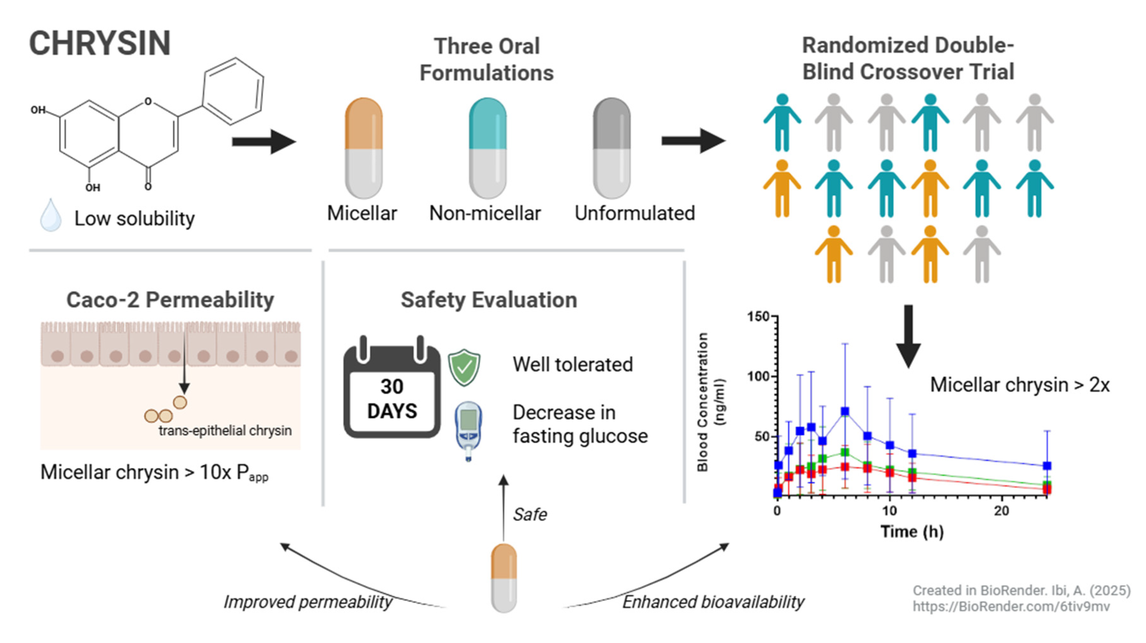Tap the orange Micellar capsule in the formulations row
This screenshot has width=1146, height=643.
[364, 148]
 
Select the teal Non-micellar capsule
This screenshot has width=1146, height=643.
[488, 148]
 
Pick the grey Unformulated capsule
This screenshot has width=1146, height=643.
[611, 148]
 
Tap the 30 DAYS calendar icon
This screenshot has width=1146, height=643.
[392, 389]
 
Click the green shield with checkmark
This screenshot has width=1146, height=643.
[464, 367]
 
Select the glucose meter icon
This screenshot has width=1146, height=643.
[468, 430]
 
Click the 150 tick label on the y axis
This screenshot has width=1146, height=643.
[758, 317]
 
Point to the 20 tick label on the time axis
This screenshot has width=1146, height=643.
[1002, 511]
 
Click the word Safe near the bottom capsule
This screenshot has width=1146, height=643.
[529, 515]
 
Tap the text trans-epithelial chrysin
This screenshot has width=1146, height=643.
[225, 431]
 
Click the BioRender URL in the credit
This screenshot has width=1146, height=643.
[1011, 606]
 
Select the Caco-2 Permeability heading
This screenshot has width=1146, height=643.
[170, 300]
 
